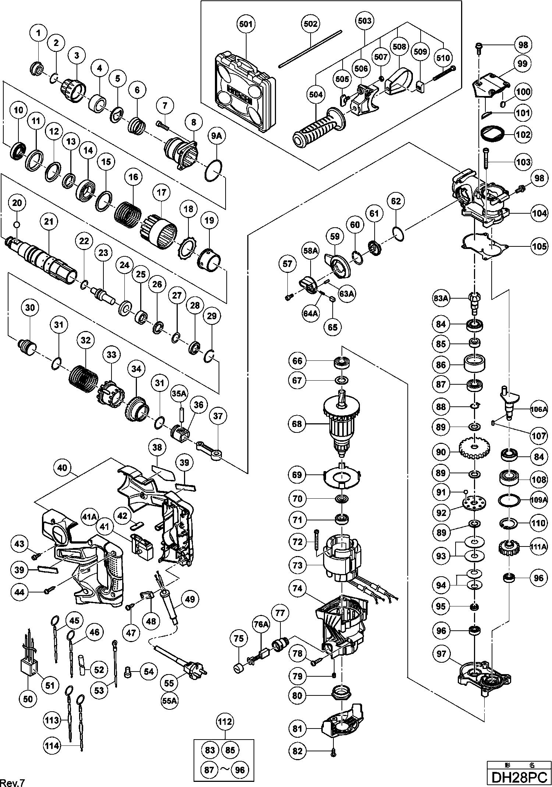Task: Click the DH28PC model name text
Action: [x=519, y=777]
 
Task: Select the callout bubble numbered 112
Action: [x=225, y=722]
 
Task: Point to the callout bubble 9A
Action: [x=216, y=136]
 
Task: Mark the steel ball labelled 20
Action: [x=17, y=224]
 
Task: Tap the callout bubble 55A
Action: [x=169, y=701]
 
